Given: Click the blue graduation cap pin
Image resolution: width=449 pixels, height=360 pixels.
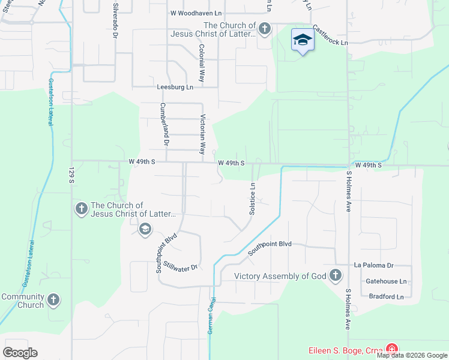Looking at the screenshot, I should pyautogui.click(x=303, y=41).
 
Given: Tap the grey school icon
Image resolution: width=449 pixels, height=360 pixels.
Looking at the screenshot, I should pyautogui.click(x=145, y=229).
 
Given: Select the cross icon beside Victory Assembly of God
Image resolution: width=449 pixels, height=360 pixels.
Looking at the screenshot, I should pyautogui.click(x=335, y=276).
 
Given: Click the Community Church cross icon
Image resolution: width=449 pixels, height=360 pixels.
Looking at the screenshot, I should pyautogui.click(x=53, y=300).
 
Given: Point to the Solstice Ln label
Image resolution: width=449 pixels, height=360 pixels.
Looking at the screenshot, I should pyautogui.click(x=253, y=199).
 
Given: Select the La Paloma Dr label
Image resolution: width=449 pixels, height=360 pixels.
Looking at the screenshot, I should pyautogui.click(x=373, y=265).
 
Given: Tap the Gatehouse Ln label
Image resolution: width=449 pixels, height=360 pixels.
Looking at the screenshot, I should pyautogui.click(x=386, y=281).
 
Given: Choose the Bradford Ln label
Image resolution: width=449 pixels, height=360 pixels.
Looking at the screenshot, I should pyautogui.click(x=386, y=296).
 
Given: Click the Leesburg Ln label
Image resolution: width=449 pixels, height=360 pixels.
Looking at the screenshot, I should pyautogui.click(x=175, y=87).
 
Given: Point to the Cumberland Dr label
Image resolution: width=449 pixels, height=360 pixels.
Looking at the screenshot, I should pyautogui.click(x=163, y=124).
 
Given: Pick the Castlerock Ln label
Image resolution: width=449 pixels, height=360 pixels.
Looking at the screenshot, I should pyautogui.click(x=330, y=36).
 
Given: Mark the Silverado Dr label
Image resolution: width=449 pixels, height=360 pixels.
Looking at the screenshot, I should pyautogui.click(x=114, y=21).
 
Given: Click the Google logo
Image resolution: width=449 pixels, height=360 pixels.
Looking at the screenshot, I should pyautogui.click(x=20, y=353).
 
